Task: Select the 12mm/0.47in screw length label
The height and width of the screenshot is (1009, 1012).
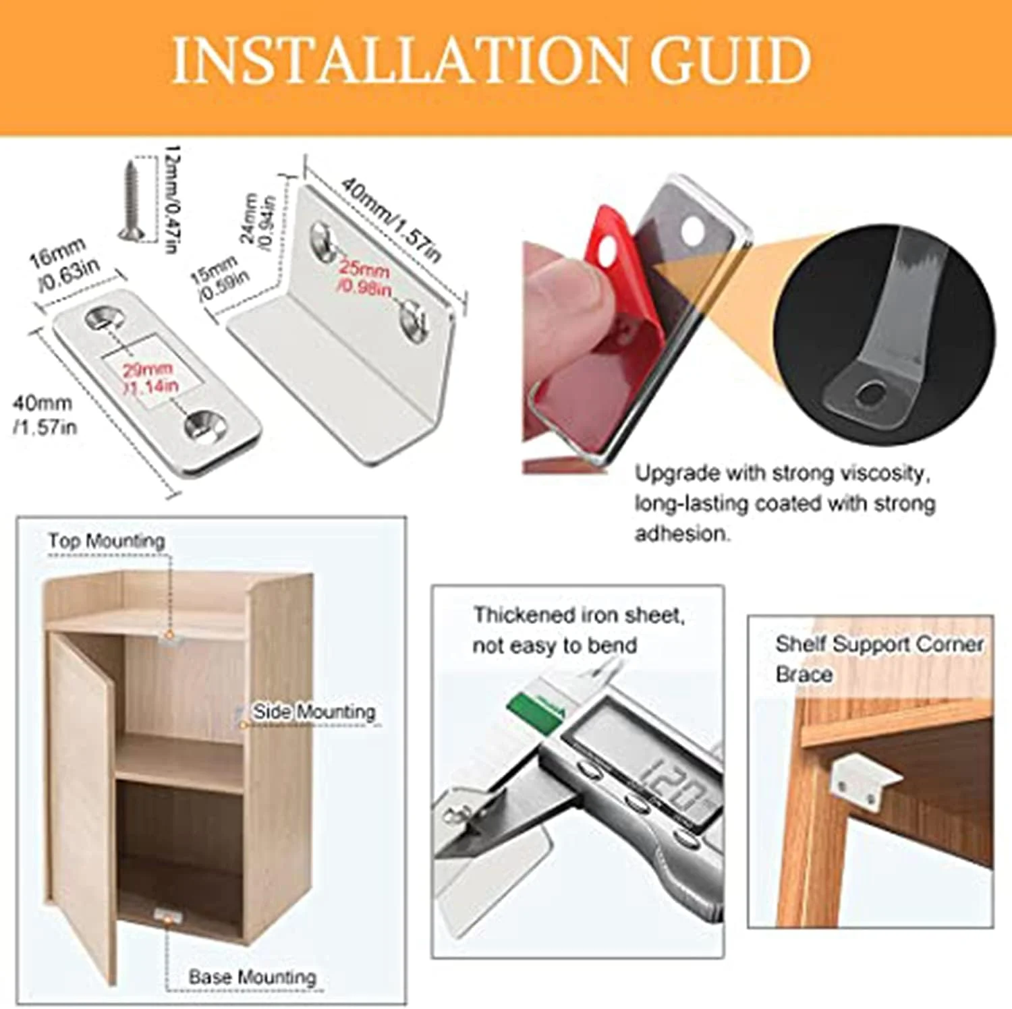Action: click(x=171, y=199)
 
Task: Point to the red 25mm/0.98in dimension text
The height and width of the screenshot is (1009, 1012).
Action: click(x=365, y=277)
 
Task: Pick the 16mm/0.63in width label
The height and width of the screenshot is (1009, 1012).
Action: click(x=65, y=263)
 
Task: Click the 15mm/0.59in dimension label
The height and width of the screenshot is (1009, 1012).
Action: click(x=219, y=279)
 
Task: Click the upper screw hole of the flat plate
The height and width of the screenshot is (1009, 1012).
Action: click(x=103, y=316)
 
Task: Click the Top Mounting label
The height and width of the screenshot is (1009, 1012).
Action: click(x=107, y=541)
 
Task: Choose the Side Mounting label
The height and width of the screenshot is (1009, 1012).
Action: click(x=314, y=712)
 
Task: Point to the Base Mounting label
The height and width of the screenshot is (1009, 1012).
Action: click(x=252, y=977)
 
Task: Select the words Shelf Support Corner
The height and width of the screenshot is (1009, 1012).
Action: click(x=879, y=644)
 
